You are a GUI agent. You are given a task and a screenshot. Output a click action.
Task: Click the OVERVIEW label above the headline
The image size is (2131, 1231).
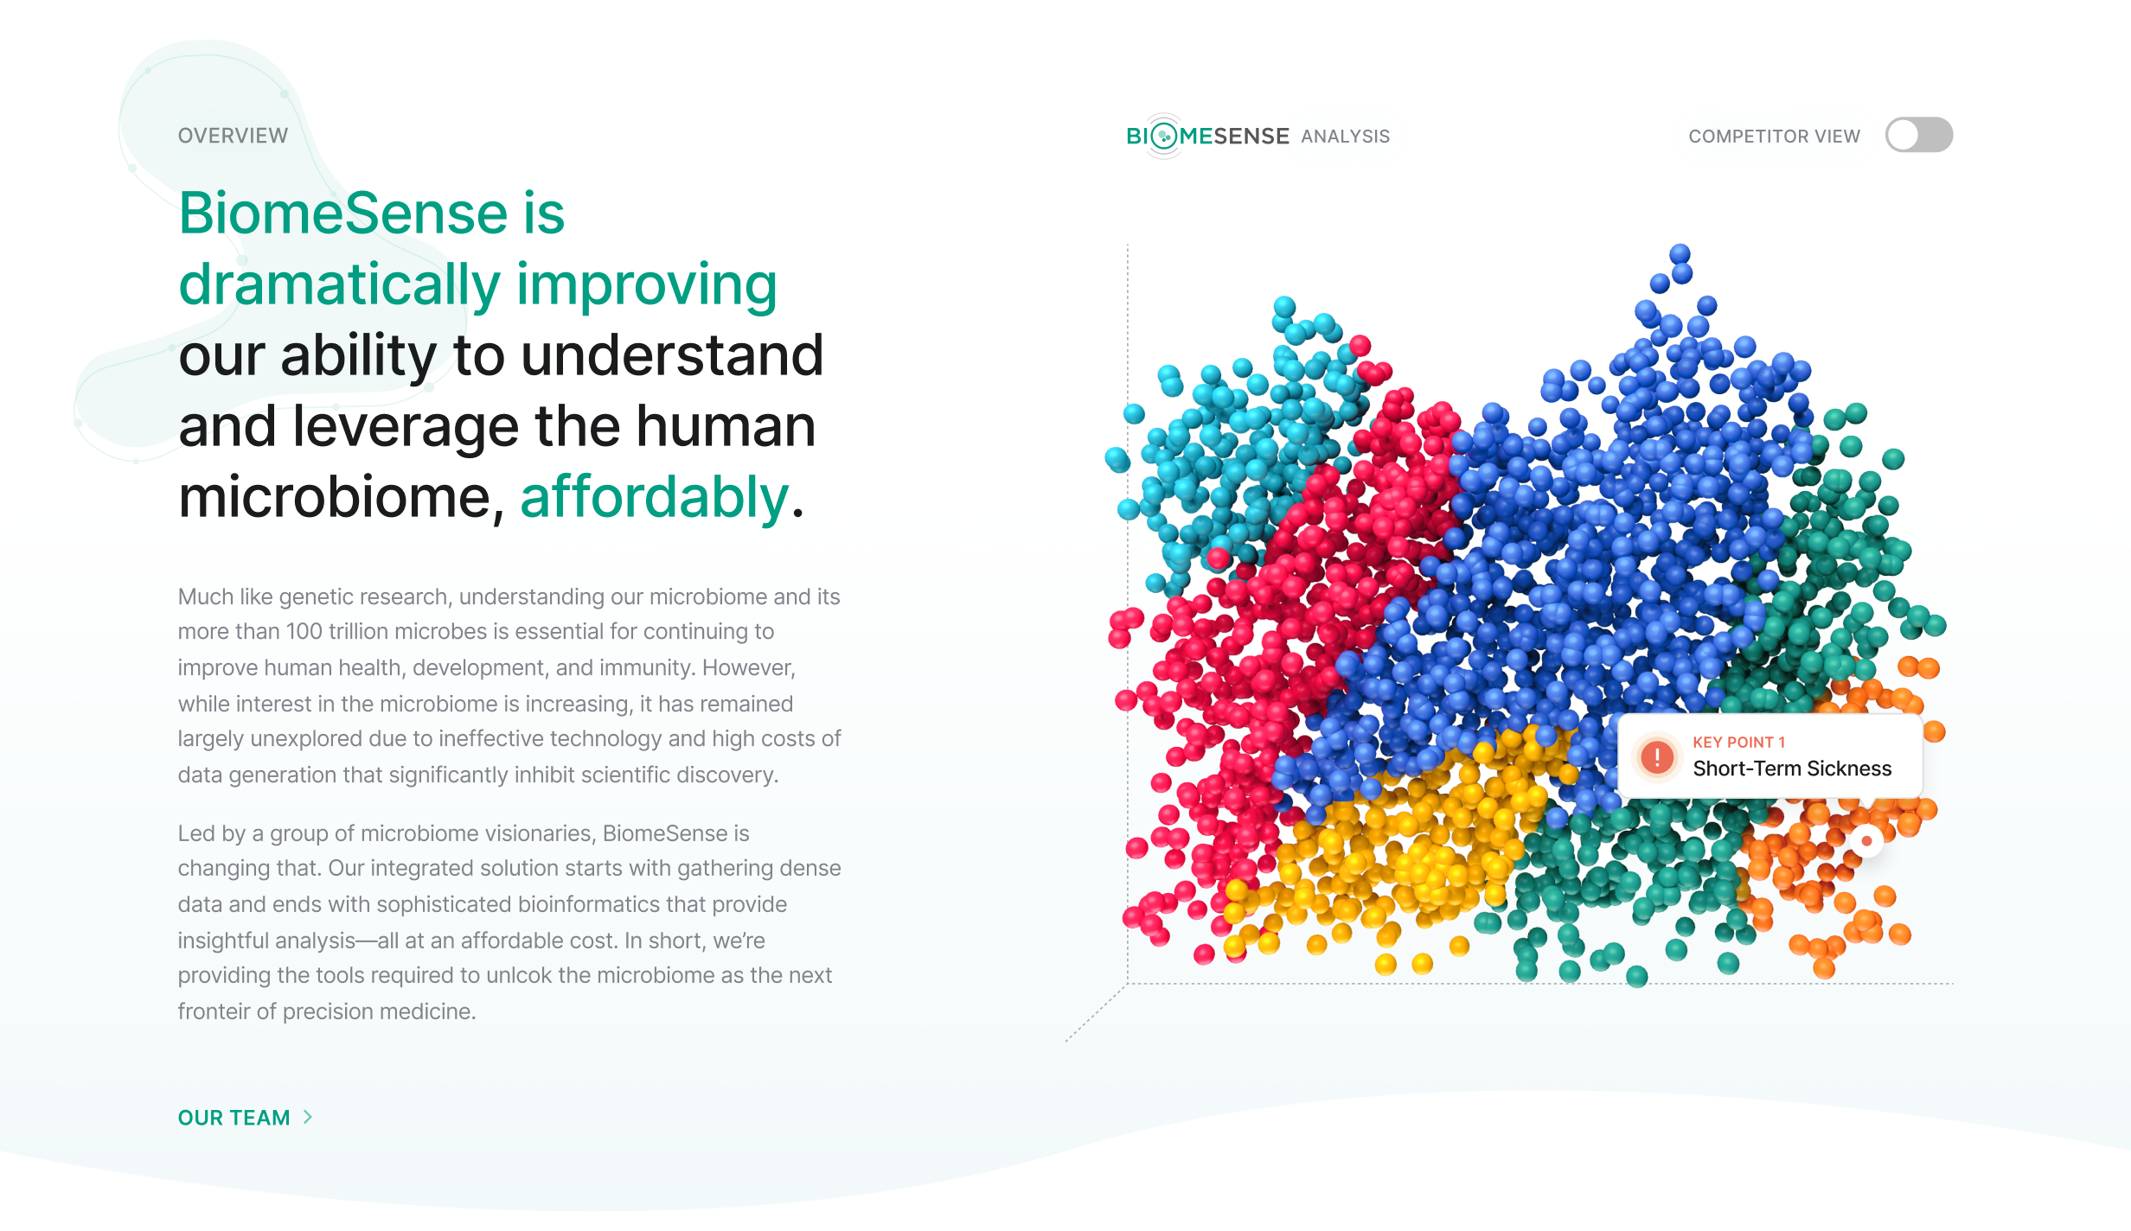(233, 136)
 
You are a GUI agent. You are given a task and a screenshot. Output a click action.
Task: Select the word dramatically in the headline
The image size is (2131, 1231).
(340, 285)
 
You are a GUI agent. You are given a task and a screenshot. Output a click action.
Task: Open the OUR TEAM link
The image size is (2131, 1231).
(234, 1118)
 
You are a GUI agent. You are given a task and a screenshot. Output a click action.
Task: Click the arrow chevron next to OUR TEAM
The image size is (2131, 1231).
(308, 1117)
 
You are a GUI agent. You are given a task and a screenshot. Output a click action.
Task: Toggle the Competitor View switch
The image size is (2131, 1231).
(1919, 135)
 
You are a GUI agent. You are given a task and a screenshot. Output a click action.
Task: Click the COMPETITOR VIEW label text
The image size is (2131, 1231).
(1774, 137)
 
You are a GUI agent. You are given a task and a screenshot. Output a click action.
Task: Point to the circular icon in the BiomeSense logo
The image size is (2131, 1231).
(1165, 136)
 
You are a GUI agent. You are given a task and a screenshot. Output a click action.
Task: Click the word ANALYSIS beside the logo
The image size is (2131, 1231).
(1346, 137)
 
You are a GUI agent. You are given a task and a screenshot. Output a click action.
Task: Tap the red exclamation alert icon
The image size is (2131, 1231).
(1656, 757)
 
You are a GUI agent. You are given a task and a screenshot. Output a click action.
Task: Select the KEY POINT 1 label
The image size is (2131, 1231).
(1738, 742)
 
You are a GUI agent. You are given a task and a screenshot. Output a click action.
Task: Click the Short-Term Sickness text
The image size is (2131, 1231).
(1792, 769)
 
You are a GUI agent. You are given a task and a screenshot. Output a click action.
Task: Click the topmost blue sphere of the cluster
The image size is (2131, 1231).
(1680, 253)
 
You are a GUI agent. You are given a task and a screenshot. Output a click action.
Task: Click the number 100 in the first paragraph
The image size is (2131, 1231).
(304, 631)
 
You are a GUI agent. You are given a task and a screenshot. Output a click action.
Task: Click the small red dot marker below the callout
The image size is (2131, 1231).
(1866, 841)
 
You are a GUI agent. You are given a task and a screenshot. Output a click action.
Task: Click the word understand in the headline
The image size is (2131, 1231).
(672, 355)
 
